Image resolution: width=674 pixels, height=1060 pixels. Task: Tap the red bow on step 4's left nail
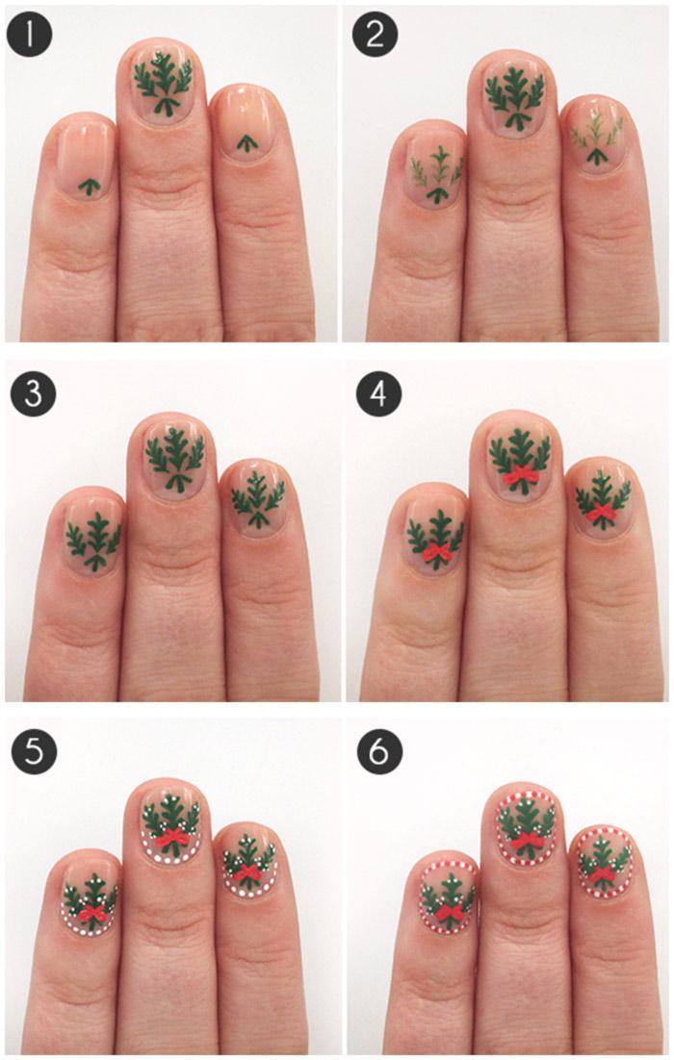[x=436, y=554]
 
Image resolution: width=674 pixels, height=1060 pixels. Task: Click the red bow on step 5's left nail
[x=91, y=913]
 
